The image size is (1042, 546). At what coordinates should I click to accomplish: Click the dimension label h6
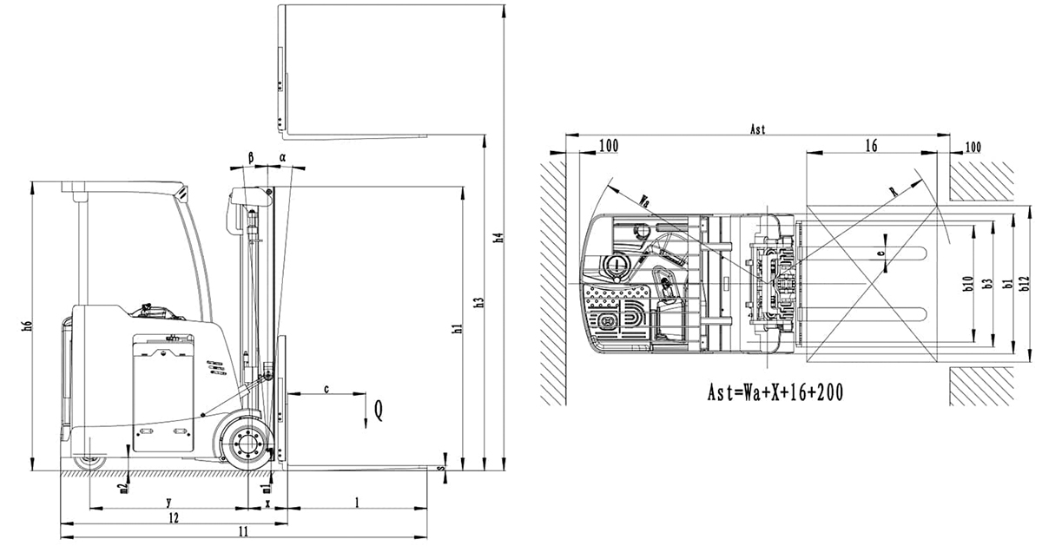(28, 326)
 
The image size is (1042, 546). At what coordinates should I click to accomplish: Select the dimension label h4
(498, 238)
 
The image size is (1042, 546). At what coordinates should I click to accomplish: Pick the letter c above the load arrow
(326, 389)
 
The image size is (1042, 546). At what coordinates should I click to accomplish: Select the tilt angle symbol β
(251, 157)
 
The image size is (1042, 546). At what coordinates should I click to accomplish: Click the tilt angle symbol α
(282, 157)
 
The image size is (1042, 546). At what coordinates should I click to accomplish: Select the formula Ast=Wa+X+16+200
(775, 392)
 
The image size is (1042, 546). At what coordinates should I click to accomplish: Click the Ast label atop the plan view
(757, 129)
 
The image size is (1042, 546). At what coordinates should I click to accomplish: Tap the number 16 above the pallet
(869, 147)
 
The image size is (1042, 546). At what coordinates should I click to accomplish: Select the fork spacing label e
(881, 254)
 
